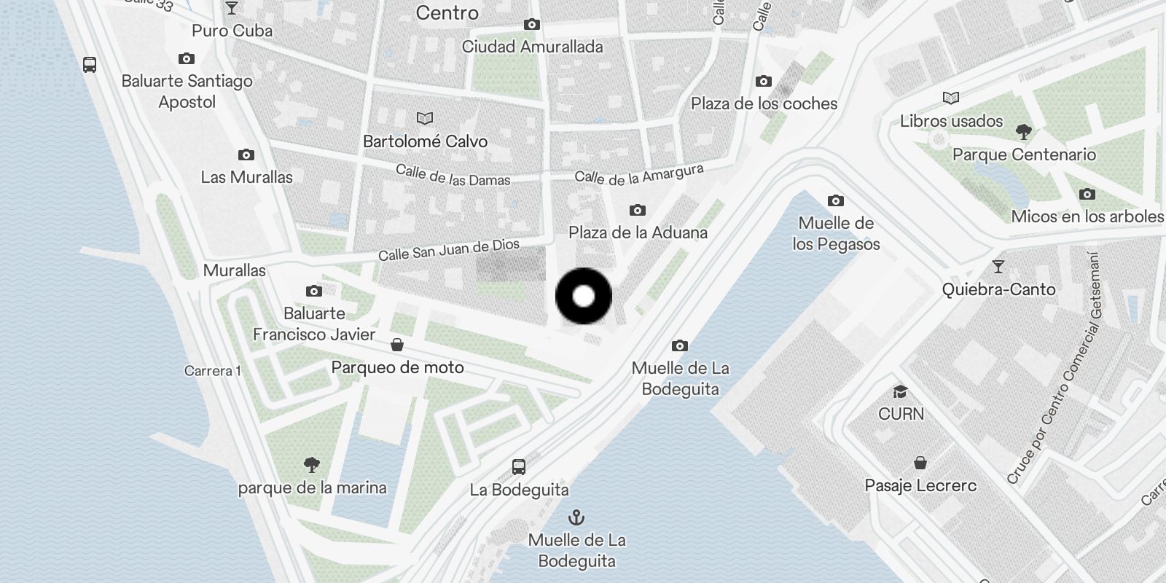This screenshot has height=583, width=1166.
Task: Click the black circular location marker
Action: pyautogui.click(x=584, y=296)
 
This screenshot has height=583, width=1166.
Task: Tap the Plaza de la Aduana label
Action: pyautogui.click(x=638, y=232)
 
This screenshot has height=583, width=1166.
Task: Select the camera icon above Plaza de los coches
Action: pyautogui.click(x=763, y=81)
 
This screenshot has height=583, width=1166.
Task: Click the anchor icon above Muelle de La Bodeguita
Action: pyautogui.click(x=576, y=517)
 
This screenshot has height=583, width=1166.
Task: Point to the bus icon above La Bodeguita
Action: pyautogui.click(x=519, y=466)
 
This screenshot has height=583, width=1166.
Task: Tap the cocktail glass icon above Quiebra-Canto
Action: pyautogui.click(x=998, y=267)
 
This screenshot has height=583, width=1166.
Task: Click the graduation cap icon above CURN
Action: pyautogui.click(x=901, y=392)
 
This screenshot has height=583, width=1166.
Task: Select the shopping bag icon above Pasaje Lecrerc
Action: pyautogui.click(x=920, y=463)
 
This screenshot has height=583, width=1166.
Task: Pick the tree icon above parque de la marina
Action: pyautogui.click(x=312, y=464)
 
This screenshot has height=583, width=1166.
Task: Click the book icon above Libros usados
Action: pyautogui.click(x=951, y=98)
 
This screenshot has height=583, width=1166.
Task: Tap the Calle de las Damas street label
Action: pyautogui.click(x=453, y=175)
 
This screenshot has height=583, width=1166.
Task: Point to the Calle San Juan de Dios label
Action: pyautogui.click(x=448, y=250)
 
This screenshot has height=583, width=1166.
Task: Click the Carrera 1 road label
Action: pyautogui.click(x=212, y=371)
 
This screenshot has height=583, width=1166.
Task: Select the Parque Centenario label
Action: pyautogui.click(x=1024, y=154)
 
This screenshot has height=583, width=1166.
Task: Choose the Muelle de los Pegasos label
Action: pyautogui.click(x=836, y=233)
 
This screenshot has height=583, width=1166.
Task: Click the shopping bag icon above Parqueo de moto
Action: pyautogui.click(x=397, y=344)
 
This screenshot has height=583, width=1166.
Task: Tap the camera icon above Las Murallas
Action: pyautogui.click(x=246, y=154)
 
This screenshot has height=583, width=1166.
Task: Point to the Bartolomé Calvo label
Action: pyautogui.click(x=425, y=141)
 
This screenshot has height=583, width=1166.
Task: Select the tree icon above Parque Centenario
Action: pyautogui.click(x=1024, y=131)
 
